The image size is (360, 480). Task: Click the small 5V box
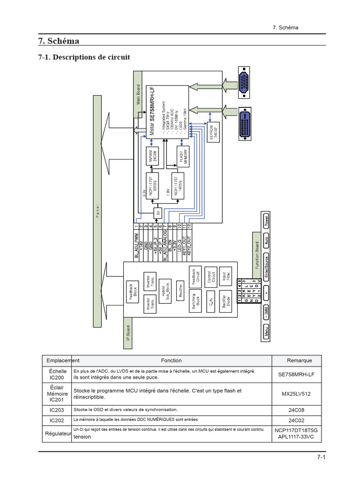pyautogui.click(x=157, y=213)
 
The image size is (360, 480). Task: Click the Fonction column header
pyautogui.click(x=171, y=360)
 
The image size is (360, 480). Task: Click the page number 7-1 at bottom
pyautogui.click(x=320, y=458)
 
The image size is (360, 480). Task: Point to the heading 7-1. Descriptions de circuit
pyautogui.click(x=84, y=57)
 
